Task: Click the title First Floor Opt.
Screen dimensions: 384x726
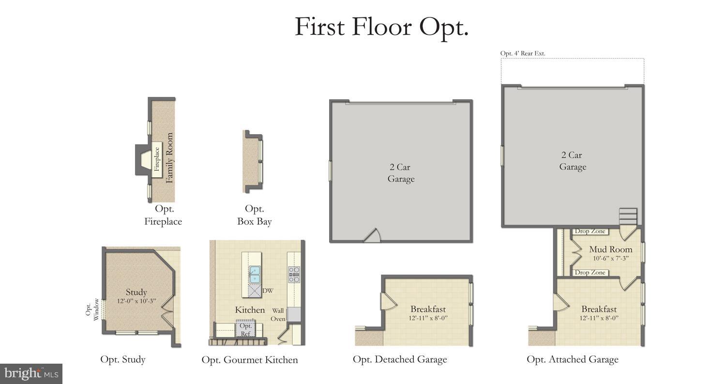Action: (381, 27)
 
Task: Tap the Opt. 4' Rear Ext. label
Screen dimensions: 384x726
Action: (522, 53)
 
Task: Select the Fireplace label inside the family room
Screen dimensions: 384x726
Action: (157, 159)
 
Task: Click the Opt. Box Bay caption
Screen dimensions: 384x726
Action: (254, 215)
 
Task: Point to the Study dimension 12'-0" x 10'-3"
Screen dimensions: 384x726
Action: (136, 301)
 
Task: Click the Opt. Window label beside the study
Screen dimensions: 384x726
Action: (92, 310)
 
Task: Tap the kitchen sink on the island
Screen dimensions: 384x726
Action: (254, 274)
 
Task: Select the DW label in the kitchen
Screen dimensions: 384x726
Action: (268, 291)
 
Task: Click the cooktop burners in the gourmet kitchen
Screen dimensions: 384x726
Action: (294, 274)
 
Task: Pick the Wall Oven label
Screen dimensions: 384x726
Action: (278, 315)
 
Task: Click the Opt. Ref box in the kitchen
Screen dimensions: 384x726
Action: (245, 330)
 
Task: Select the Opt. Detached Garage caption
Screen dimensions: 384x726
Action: (399, 359)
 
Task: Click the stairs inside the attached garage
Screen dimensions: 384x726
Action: (628, 216)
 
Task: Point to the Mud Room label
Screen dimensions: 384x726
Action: (610, 249)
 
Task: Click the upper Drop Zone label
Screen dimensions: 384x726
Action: (590, 231)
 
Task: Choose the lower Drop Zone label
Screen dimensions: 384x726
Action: (590, 273)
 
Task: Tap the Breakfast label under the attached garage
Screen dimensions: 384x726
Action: (599, 309)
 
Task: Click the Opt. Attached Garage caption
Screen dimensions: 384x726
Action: (572, 359)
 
